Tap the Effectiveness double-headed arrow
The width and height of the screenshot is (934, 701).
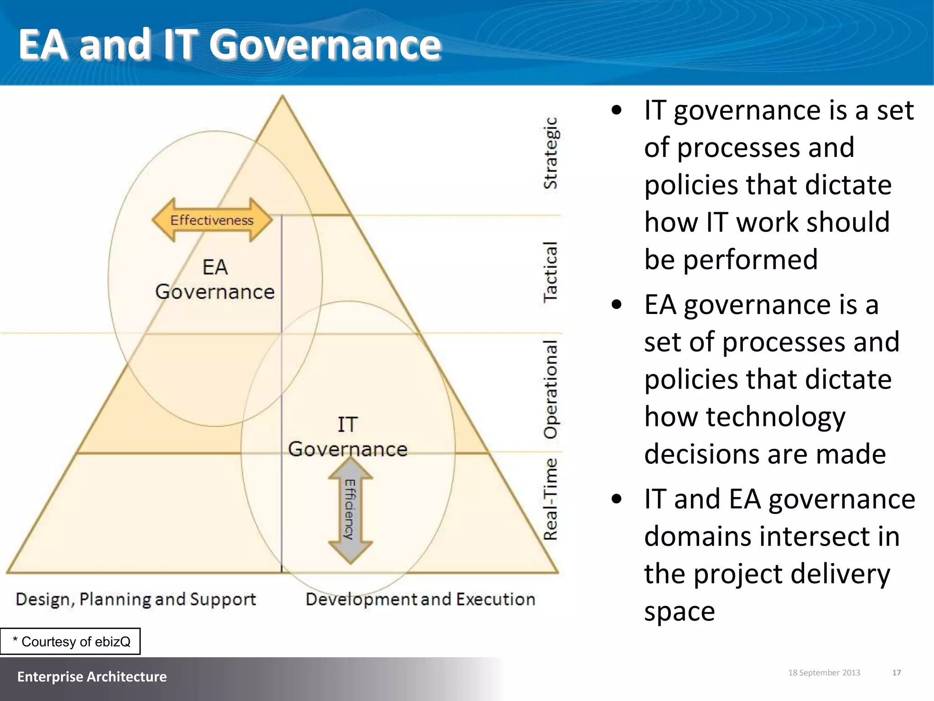point(212,220)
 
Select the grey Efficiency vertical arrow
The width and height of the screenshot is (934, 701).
point(350,510)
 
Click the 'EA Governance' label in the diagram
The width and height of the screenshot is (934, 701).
point(215,279)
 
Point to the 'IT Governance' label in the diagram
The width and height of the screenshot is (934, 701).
point(348,437)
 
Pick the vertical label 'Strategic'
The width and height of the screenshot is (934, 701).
point(550,153)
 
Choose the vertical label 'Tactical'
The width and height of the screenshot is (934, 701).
point(550,272)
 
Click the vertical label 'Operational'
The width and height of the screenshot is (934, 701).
point(550,389)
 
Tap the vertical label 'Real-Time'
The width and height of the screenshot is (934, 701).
point(550,499)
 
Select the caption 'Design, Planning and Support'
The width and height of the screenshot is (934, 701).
point(136,599)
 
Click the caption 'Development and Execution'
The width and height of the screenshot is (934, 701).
point(420,599)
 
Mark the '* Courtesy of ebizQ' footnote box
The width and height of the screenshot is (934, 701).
point(70,641)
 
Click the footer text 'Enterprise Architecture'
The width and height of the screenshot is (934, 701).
point(92,676)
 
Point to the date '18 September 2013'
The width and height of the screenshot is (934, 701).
point(824,673)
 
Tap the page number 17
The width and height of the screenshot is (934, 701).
point(896,673)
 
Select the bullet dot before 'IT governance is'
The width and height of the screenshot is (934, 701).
point(617,110)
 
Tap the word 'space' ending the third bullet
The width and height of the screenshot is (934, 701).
point(679,611)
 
